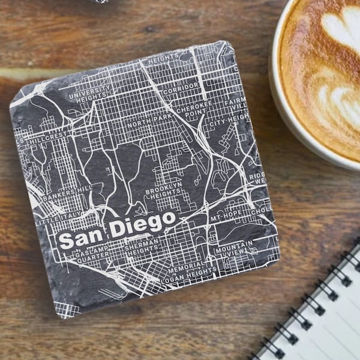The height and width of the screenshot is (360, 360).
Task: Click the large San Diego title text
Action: pos(118,229)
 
